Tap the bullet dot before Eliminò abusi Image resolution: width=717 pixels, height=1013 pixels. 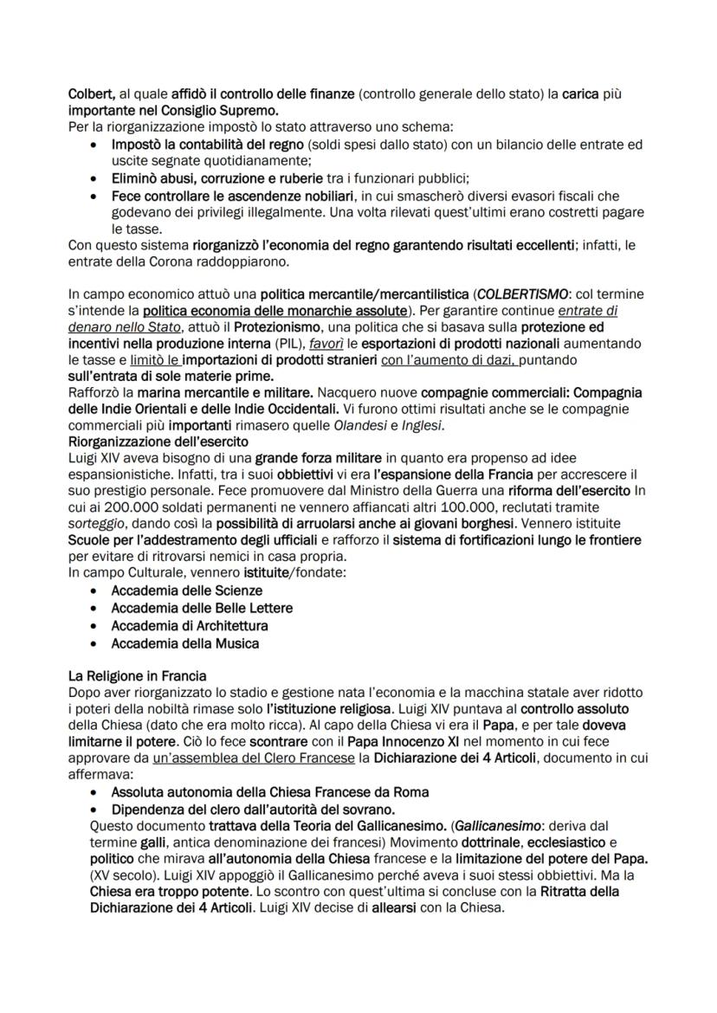pos(93,177)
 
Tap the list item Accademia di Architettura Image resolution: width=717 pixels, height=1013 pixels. pos(190,625)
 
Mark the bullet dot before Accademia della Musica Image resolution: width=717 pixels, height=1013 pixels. pos(93,643)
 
